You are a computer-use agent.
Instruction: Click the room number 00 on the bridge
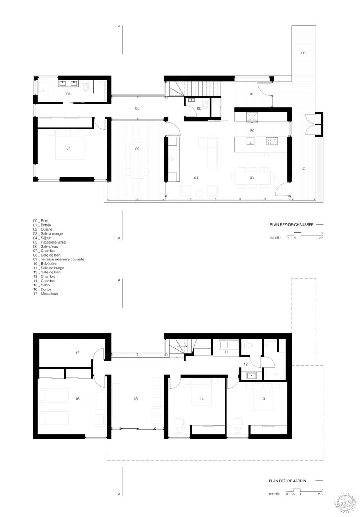tap(303, 53)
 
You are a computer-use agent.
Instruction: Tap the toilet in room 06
tap(205, 105)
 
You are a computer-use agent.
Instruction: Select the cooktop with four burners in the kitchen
tap(271, 141)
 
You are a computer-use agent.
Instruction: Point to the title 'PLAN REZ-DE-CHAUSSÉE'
tap(291, 224)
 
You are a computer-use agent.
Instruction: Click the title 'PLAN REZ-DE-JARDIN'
tap(291, 481)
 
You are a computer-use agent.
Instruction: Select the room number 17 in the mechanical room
tap(77, 353)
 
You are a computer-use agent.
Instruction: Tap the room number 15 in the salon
tap(135, 399)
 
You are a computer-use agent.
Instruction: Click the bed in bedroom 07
tap(70, 148)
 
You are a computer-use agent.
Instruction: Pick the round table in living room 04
tap(199, 193)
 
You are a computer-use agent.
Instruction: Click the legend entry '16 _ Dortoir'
tap(42, 289)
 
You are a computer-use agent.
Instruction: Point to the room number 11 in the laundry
tap(226, 352)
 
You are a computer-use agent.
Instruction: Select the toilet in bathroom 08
tap(86, 87)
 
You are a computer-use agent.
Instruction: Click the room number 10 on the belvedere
tap(303, 169)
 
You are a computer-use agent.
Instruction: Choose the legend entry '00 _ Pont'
tap(41, 220)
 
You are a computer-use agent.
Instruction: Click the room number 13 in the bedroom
tap(263, 399)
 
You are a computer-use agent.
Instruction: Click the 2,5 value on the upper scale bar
tap(320, 238)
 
